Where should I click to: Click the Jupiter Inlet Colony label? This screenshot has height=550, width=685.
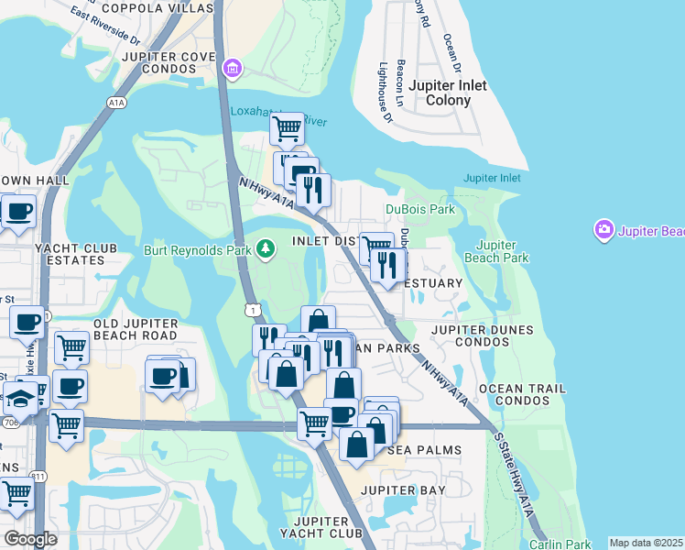(x=447, y=93)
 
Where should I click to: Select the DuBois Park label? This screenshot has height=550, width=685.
(x=419, y=209)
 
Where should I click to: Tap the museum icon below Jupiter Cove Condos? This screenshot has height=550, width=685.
(x=232, y=68)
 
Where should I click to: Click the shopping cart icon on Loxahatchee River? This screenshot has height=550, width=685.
(x=287, y=129)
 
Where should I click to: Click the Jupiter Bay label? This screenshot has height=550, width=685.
(x=402, y=490)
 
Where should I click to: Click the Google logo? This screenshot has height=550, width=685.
(x=30, y=539)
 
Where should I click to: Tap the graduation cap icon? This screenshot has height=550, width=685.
(x=19, y=398)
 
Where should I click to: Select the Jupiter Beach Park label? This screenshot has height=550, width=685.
(x=503, y=251)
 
